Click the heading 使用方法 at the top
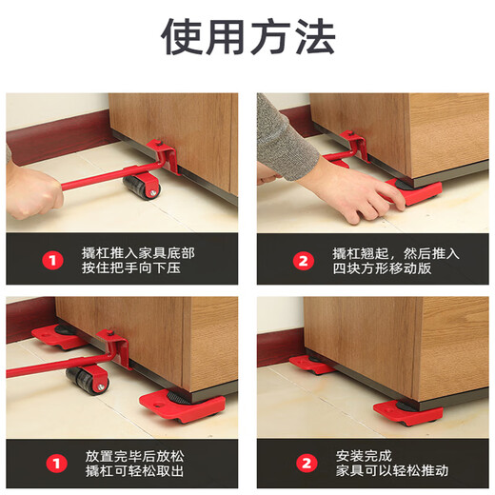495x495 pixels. point(247,37)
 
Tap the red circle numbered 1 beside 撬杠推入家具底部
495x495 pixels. point(55,259)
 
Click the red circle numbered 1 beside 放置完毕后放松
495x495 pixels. point(55,463)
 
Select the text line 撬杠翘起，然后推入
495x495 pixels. point(396,252)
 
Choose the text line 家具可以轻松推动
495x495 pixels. point(389,471)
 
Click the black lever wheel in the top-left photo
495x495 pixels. point(144,187)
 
